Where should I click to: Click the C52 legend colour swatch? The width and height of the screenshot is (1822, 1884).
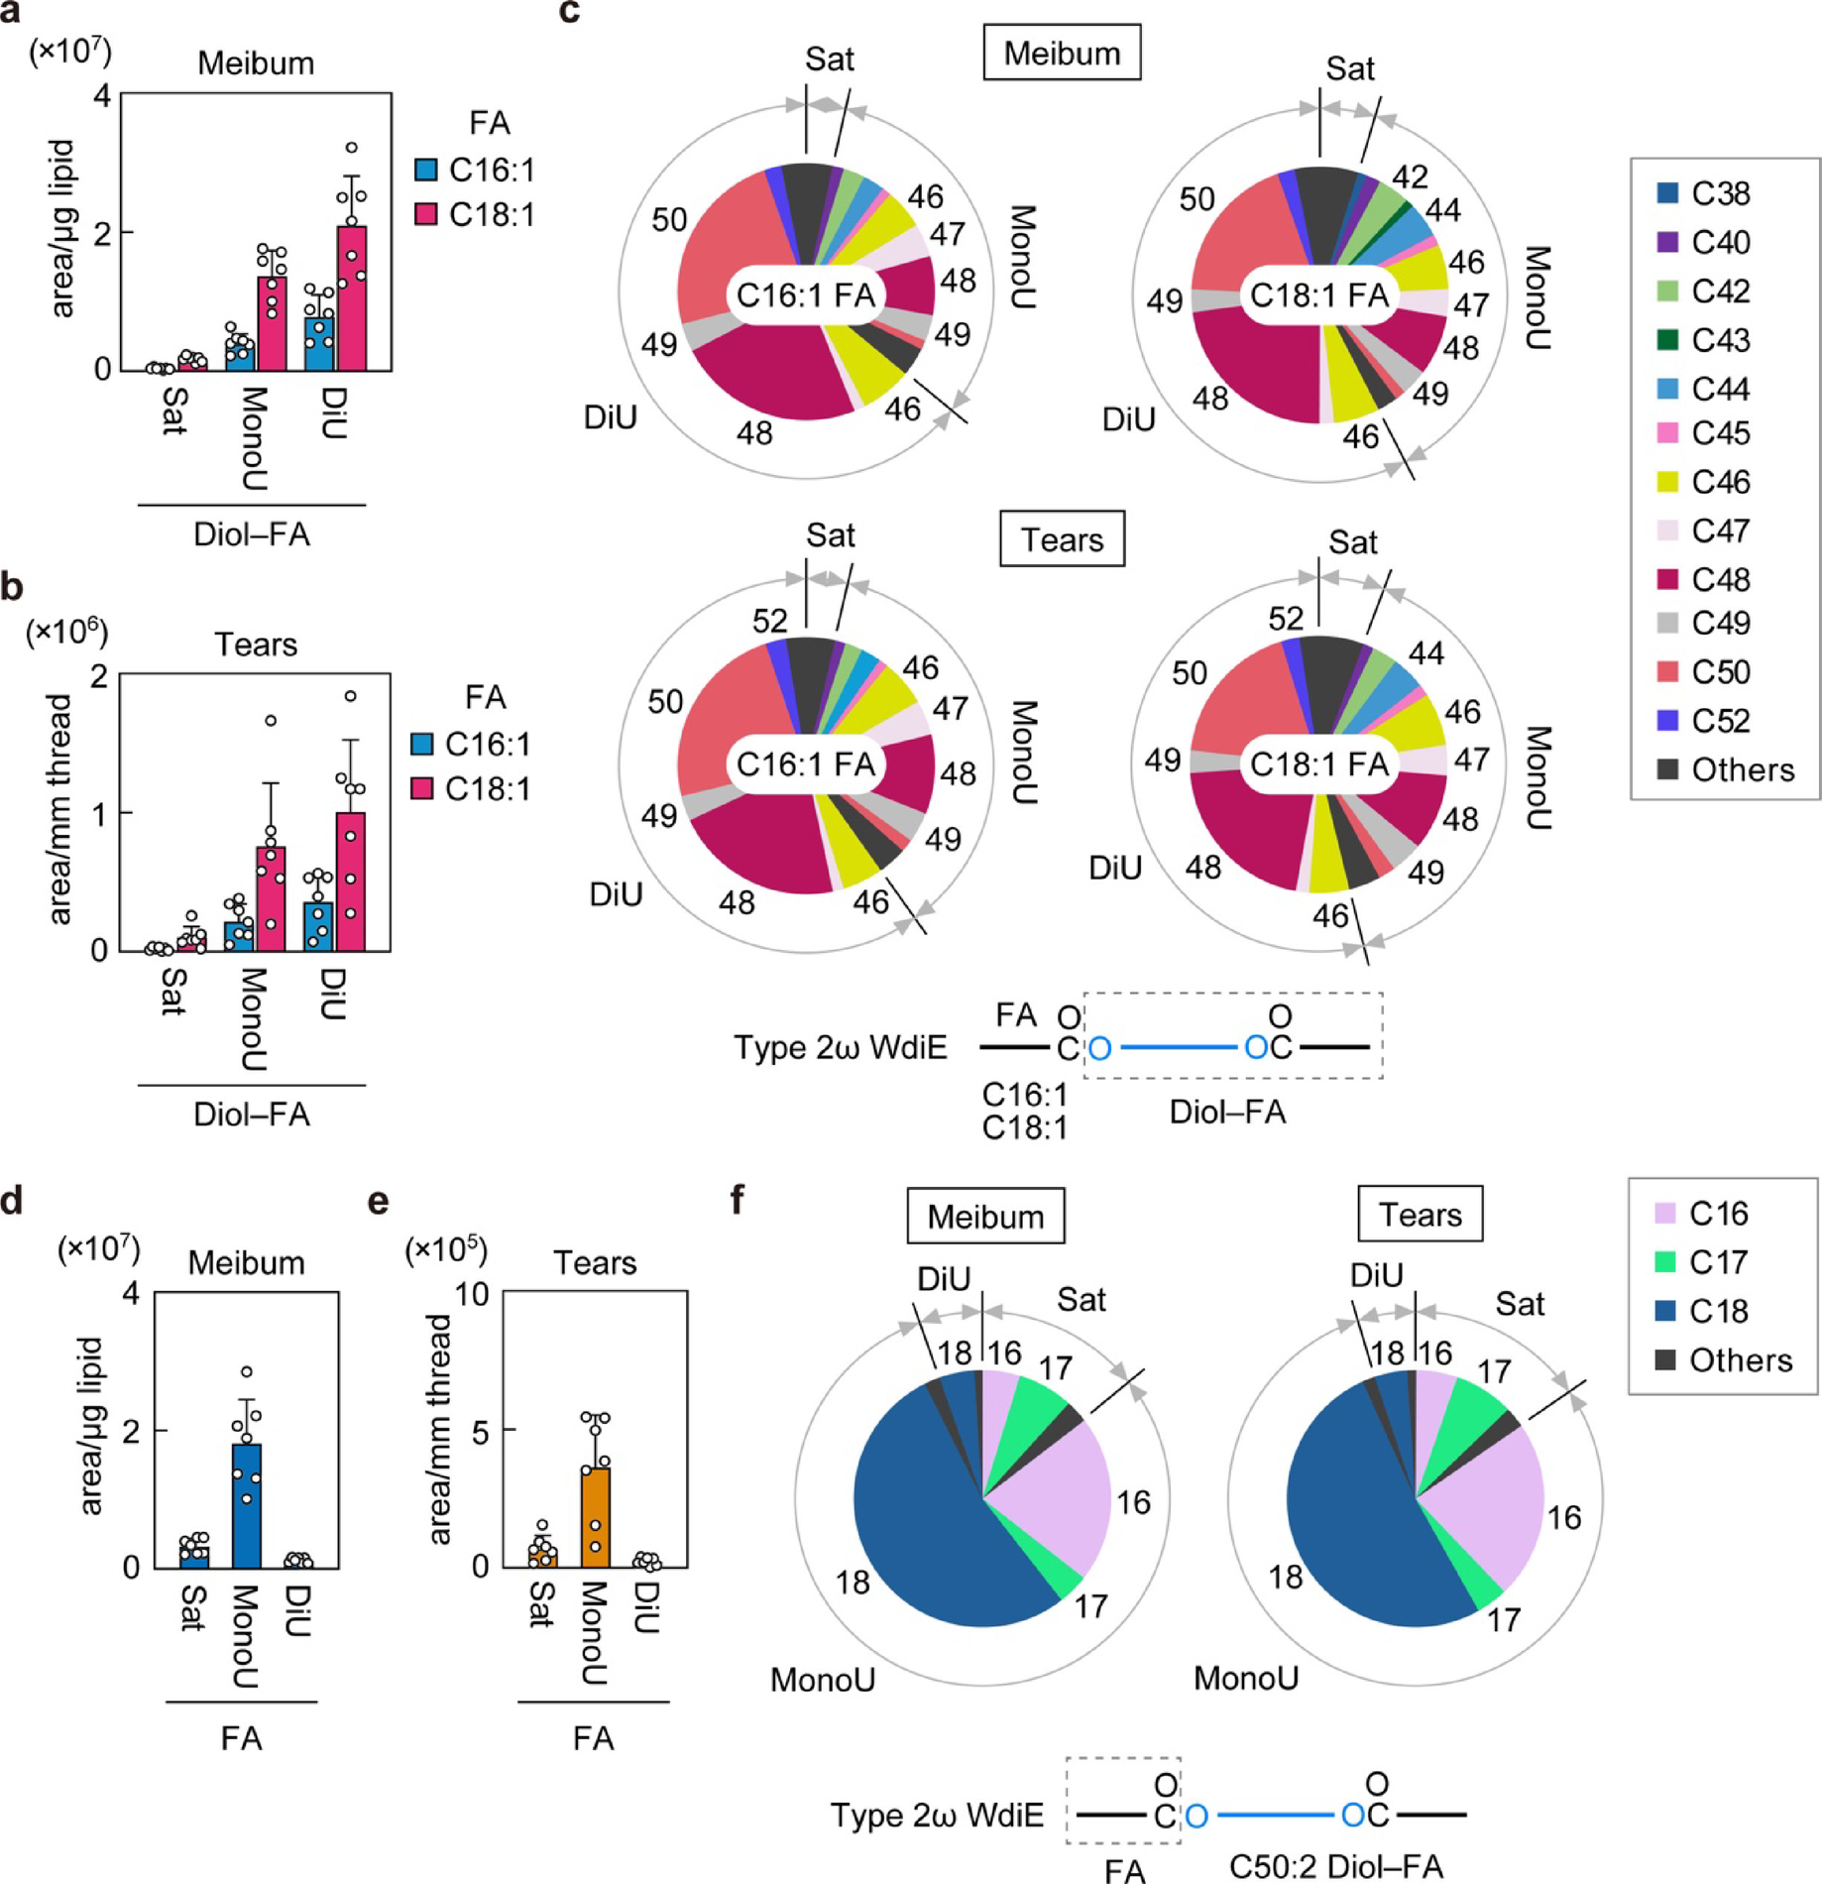tap(1667, 721)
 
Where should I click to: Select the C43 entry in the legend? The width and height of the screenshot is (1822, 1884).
tap(1667, 340)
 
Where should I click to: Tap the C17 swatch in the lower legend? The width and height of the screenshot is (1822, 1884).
tap(1665, 1262)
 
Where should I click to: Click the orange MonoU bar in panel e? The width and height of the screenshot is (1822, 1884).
tap(595, 1517)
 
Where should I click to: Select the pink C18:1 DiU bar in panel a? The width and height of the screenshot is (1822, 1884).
tap(351, 297)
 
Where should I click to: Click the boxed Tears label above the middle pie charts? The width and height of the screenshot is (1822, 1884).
tap(1062, 539)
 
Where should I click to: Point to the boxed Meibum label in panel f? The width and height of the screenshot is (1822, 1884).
tap(985, 1216)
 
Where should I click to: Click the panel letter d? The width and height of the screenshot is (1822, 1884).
tap(13, 1201)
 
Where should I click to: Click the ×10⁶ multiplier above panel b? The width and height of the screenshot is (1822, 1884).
tap(66, 632)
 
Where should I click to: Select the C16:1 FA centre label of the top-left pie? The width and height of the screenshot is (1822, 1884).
tap(806, 294)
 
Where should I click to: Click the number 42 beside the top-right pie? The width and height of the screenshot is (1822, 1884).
tap(1410, 177)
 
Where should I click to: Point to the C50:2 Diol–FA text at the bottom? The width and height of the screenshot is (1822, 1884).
tap(1334, 1866)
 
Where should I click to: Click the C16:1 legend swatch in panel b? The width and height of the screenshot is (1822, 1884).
tap(422, 744)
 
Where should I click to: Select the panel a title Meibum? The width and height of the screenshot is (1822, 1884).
tap(256, 63)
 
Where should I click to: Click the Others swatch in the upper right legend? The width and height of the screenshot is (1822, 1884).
tap(1667, 769)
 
